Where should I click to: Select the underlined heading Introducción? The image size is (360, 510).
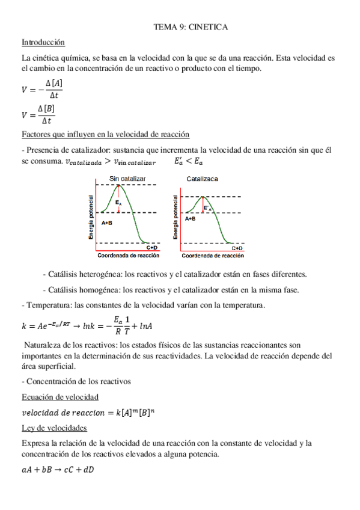(43, 43)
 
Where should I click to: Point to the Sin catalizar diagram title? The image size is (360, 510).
(127, 179)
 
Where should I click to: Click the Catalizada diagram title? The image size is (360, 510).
(203, 179)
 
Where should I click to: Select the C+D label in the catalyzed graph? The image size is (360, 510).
(237, 248)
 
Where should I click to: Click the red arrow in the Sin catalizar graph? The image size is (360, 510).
(119, 198)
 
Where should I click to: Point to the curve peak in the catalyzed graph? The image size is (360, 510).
(204, 197)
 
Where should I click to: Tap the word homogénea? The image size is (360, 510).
(96, 290)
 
